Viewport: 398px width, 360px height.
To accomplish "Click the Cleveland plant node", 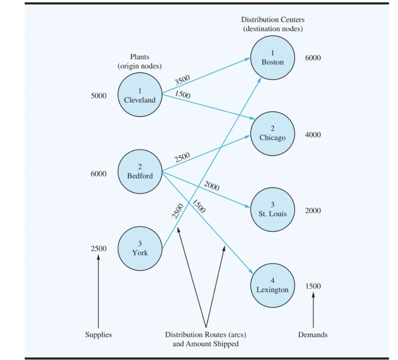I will pyautogui.click(x=140, y=95).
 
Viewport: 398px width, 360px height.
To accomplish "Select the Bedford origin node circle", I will pyautogui.click(x=140, y=171).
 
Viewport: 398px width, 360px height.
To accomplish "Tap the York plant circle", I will pyautogui.click(x=140, y=249).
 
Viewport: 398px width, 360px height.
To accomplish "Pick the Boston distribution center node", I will pyautogui.click(x=272, y=57).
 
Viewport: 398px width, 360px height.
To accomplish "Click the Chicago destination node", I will pyautogui.click(x=272, y=134).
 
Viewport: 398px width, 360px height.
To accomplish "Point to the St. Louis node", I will pyautogui.click(x=272, y=209).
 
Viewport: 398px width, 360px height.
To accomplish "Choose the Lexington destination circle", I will pyautogui.click(x=272, y=285).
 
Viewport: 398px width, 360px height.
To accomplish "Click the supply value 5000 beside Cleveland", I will pyautogui.click(x=98, y=96).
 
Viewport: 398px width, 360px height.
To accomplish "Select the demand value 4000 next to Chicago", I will pyautogui.click(x=313, y=135).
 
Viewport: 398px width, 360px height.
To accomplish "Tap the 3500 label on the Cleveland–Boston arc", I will pyautogui.click(x=182, y=80).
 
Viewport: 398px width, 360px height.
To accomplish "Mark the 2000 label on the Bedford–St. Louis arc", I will pyautogui.click(x=211, y=186).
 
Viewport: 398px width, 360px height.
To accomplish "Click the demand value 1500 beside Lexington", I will pyautogui.click(x=313, y=286).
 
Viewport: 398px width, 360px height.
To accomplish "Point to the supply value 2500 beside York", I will pyautogui.click(x=98, y=249).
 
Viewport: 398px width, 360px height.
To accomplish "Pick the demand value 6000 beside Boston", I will pyautogui.click(x=313, y=58).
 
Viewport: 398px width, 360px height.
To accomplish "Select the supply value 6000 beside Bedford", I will pyautogui.click(x=98, y=174).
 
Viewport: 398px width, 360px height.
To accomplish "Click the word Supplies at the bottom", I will pyautogui.click(x=98, y=335).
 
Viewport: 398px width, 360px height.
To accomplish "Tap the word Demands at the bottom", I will pyautogui.click(x=312, y=335).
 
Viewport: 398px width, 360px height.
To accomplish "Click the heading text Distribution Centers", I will pyautogui.click(x=272, y=19).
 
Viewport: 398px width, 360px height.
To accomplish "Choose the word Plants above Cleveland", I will pyautogui.click(x=140, y=57).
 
